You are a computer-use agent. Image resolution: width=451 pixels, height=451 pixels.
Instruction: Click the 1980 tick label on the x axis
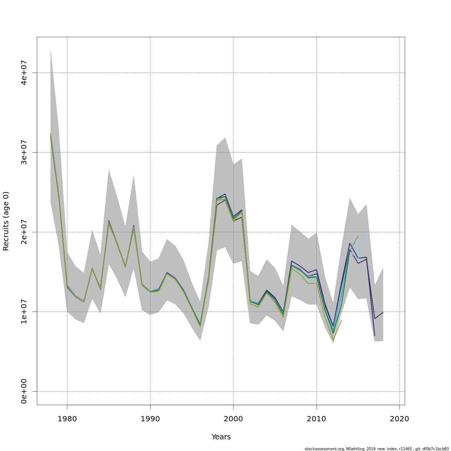coord(67,419)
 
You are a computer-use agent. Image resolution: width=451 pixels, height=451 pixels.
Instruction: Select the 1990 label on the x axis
coord(150,419)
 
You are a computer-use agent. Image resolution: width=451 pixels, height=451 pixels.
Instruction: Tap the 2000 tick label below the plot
coord(233,419)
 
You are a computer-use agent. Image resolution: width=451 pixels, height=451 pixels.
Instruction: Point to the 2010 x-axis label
coord(316,419)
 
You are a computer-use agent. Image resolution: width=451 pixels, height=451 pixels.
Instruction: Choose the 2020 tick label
coord(400,419)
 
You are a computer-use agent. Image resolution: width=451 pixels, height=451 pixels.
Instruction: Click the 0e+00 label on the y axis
coord(24,391)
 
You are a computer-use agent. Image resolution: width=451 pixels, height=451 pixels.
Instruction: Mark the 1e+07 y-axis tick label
coord(24,312)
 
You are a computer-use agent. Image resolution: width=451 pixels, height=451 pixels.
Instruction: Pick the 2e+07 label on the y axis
coord(24,232)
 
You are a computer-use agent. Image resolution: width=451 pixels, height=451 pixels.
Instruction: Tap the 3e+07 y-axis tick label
coord(24,152)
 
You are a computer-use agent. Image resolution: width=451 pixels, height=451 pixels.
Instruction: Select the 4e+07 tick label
coord(24,73)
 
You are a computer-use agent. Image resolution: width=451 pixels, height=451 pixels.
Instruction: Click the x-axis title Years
coord(221,437)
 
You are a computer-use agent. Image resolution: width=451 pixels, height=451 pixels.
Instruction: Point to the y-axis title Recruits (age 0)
coord(6,221)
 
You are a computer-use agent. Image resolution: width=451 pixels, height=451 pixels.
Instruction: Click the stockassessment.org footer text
coord(377,449)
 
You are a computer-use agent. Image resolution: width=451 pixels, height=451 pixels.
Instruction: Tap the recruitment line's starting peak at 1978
coord(50,135)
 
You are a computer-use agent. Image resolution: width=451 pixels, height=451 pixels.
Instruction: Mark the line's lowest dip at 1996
coord(200,325)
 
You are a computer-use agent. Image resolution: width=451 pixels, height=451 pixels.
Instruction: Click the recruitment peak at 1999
coord(225,195)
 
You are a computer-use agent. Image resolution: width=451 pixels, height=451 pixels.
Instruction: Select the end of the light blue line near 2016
coord(366,231)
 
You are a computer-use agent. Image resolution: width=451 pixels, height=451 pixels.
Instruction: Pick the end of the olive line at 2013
coord(341,320)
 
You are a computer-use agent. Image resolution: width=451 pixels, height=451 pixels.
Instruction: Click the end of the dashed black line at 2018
coord(383,312)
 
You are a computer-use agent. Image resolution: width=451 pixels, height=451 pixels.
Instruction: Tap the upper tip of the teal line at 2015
coord(358,236)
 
